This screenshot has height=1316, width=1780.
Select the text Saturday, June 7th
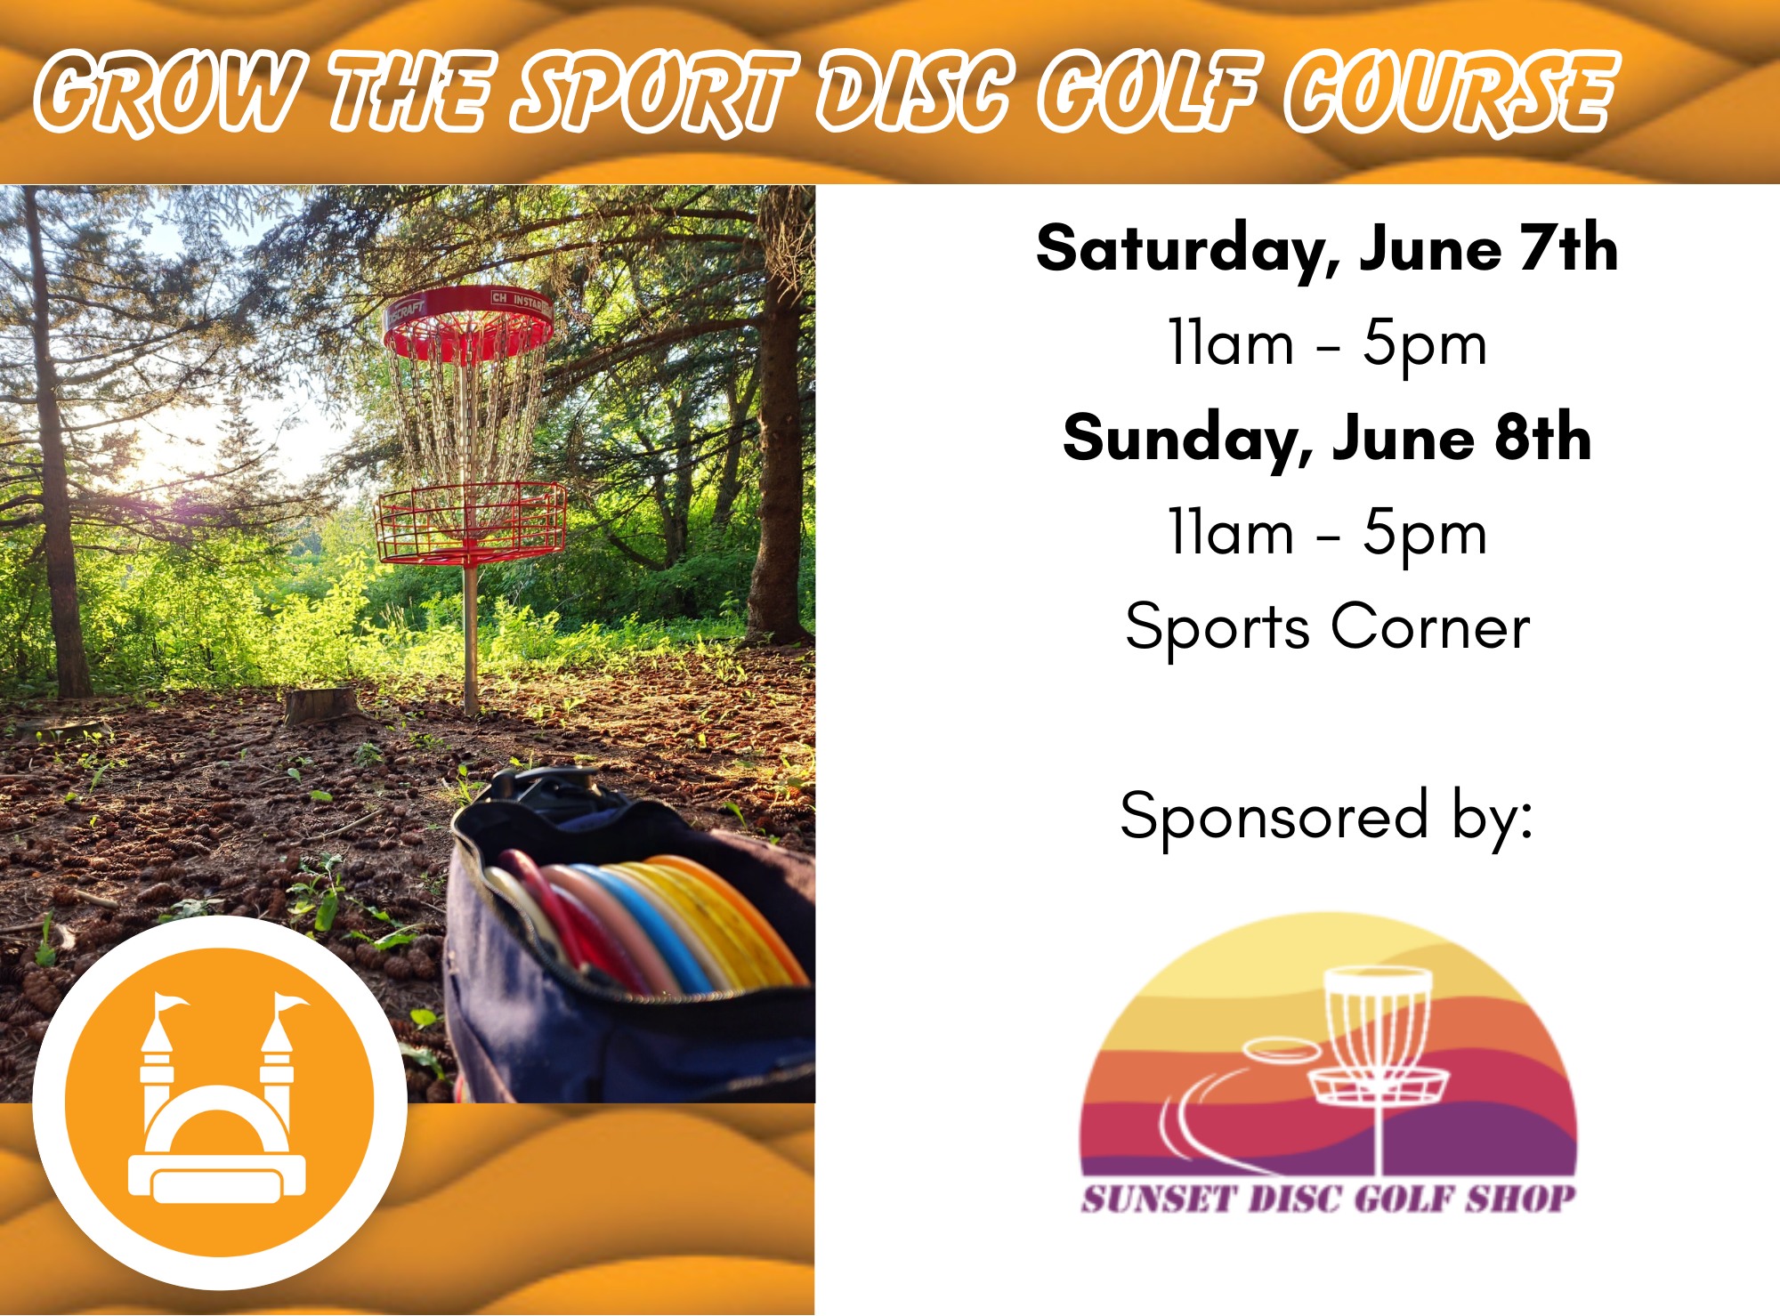pyautogui.click(x=1327, y=248)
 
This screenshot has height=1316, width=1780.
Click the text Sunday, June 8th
pyautogui.click(x=1327, y=438)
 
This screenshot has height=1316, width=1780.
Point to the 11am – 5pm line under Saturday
pyautogui.click(x=1327, y=343)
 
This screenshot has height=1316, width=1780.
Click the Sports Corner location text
pyautogui.click(x=1327, y=626)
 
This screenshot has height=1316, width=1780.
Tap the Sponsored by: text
pyautogui.click(x=1327, y=816)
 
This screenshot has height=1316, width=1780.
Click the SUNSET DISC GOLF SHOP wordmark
pyautogui.click(x=1328, y=1199)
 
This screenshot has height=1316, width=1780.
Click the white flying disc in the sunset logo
pyautogui.click(x=1280, y=1051)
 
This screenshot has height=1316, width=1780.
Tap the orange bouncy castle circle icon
pyautogui.click(x=220, y=1102)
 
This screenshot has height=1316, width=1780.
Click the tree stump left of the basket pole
pyautogui.click(x=320, y=705)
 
